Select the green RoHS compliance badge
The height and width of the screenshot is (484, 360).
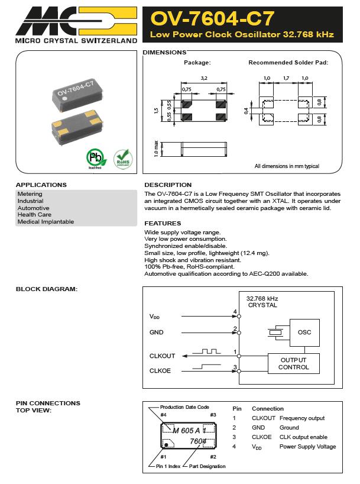tap(122, 158)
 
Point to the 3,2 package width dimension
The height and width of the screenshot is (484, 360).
tap(204, 78)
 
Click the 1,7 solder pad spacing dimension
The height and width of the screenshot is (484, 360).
tap(286, 78)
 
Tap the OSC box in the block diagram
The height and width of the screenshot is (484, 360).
tap(304, 333)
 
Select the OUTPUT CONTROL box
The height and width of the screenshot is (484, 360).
tap(294, 363)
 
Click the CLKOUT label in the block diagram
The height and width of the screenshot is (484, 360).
tap(163, 356)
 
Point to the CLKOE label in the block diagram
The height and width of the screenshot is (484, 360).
tap(161, 371)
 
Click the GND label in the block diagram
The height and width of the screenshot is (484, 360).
tap(156, 333)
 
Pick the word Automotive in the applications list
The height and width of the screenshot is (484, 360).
tap(34, 208)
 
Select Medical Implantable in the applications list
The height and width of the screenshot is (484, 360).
tap(46, 222)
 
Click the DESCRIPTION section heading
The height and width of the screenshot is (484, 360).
tap(168, 185)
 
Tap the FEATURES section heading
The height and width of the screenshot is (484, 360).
tap(163, 223)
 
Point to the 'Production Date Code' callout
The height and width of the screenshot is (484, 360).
tap(185, 407)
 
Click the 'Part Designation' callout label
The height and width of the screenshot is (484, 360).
tap(207, 467)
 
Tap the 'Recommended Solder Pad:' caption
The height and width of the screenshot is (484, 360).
tap(288, 62)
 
